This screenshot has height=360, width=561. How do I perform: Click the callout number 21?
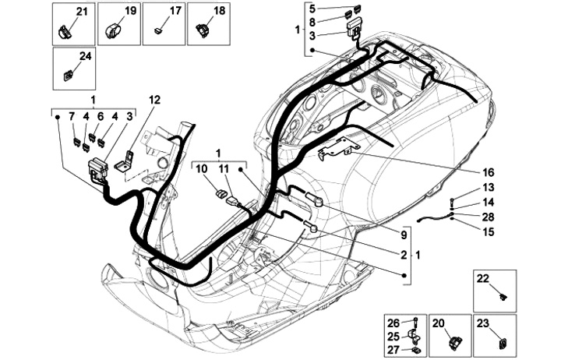pyautogui.click(x=83, y=12)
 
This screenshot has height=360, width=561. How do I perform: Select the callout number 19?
pyautogui.click(x=131, y=11)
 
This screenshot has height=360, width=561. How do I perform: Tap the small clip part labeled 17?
pyautogui.click(x=157, y=31)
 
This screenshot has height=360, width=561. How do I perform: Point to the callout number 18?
pyautogui.click(x=219, y=11)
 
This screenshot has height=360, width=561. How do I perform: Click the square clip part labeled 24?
pyautogui.click(x=68, y=76)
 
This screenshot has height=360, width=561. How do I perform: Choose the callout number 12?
pyautogui.click(x=155, y=101)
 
